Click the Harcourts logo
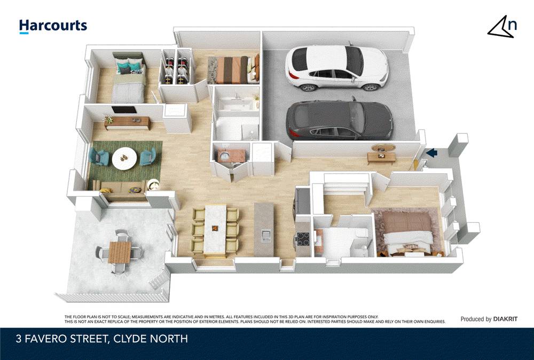coord(53,26)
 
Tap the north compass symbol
coord(502,26)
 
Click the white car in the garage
coord(336,68)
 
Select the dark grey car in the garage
coord(339,120)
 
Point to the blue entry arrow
coord(431,153)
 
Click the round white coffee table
coord(124,159)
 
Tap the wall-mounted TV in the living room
coord(124,109)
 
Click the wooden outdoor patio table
coord(120,252)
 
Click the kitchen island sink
coord(265,236)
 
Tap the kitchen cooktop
coord(303,238)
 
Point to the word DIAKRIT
coord(505,319)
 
